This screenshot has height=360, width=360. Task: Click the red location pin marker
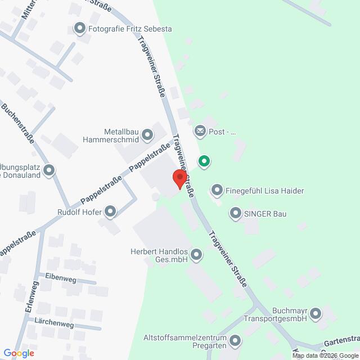tap(179, 178)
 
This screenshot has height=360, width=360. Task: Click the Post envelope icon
tap(200, 132)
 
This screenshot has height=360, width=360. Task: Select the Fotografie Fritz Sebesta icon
tap(80, 28)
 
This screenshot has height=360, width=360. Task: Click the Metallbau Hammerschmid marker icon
tap(147, 134)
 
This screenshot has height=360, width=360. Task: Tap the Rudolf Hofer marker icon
tap(110, 211)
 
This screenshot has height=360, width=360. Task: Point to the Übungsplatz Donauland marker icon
tap(50, 169)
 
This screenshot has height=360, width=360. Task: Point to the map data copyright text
tap(325, 355)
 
